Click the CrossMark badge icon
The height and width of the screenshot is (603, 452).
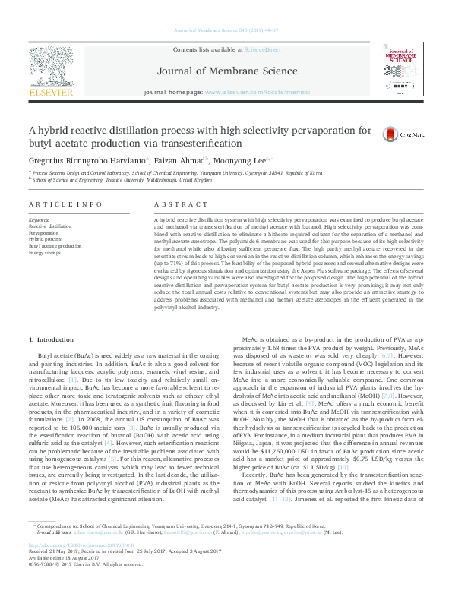(x=390, y=134)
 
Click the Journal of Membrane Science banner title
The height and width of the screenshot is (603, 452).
(x=226, y=72)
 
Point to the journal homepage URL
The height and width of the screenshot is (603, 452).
(x=269, y=92)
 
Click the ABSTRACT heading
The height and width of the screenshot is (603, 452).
(x=175, y=205)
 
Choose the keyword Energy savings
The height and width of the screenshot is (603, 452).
(x=44, y=252)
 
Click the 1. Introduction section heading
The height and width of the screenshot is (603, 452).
(x=52, y=338)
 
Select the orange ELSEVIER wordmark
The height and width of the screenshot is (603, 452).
(x=50, y=92)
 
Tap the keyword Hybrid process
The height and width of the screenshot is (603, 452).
(x=44, y=239)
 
